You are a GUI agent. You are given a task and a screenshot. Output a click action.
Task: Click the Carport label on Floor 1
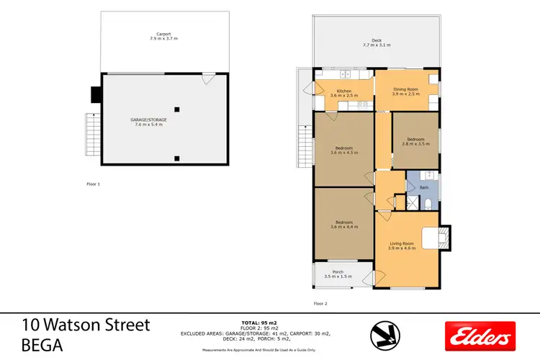[163, 34]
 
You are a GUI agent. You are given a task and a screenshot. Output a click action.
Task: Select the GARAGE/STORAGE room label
[148, 120]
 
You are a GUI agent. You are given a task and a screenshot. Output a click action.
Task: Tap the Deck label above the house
[376, 40]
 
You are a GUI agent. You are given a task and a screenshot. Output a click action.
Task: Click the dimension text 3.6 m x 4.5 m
[343, 153]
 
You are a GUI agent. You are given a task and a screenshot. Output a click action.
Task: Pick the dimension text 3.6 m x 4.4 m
[343, 227]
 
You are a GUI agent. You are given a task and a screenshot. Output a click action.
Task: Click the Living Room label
[403, 244]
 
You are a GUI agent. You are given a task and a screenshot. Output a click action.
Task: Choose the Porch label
[338, 271]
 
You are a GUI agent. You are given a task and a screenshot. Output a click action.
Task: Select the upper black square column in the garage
[176, 109]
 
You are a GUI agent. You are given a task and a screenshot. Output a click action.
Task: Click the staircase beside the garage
[91, 135]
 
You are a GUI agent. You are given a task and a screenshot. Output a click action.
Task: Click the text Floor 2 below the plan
[320, 304]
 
